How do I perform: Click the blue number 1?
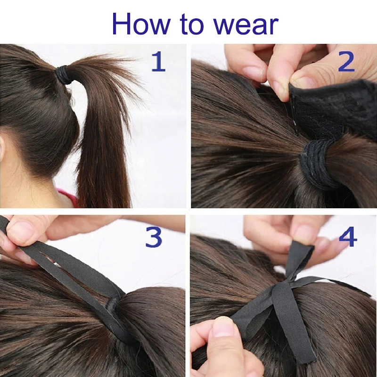click(x=158, y=62)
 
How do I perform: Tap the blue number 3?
click(x=153, y=238)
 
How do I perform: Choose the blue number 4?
click(x=347, y=238)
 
